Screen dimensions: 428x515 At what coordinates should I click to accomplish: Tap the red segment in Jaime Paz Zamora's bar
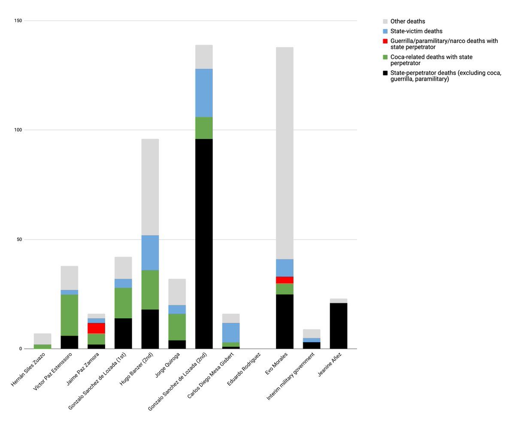point(97,328)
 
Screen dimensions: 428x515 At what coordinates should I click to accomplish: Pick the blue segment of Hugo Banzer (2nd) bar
point(150,252)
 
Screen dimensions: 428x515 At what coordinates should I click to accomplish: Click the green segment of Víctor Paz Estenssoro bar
point(70,315)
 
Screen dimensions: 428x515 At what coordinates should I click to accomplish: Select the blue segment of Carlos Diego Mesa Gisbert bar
point(231,332)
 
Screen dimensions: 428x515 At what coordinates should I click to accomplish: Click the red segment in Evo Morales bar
point(285,280)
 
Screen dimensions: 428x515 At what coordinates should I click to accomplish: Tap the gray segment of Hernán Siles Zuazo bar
point(42,339)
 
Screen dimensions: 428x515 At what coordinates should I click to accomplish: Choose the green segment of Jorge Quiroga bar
point(177,327)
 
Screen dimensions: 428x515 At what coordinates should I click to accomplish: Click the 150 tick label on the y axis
point(18,21)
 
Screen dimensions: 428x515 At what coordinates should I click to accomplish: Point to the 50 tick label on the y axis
point(19,240)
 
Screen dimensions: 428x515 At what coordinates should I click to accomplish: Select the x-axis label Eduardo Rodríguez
point(244,369)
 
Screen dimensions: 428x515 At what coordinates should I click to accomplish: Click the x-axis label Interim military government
point(291,376)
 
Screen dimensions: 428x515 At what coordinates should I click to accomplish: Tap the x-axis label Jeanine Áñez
point(330,364)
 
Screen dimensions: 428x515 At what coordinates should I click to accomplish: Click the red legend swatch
point(385,41)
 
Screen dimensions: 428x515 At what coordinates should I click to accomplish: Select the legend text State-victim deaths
point(416,31)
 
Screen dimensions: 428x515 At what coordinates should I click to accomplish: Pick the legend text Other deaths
point(408,21)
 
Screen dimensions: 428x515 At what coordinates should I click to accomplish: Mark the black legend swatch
point(385,73)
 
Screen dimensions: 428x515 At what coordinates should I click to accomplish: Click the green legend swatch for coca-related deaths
point(385,57)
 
